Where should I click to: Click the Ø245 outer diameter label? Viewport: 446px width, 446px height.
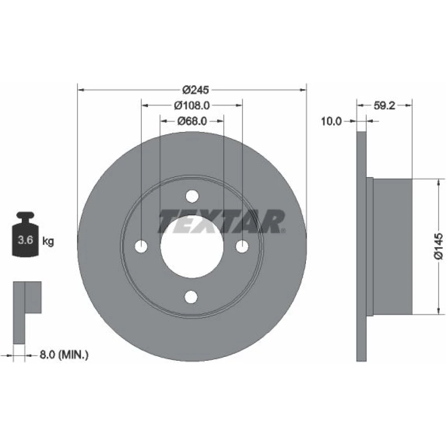point(196,90)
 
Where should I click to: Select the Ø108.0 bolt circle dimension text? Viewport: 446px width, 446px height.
point(192,106)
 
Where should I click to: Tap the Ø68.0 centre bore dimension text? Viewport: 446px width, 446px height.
point(192,121)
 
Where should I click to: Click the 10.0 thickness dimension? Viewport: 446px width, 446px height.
point(331,121)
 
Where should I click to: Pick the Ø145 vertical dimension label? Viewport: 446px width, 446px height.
point(438,246)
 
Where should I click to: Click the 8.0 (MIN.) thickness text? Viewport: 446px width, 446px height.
point(64,355)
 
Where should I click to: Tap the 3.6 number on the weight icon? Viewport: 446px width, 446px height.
point(25,240)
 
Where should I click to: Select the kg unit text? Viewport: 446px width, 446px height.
point(48,241)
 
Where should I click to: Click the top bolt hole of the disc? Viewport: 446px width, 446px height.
point(192,196)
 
